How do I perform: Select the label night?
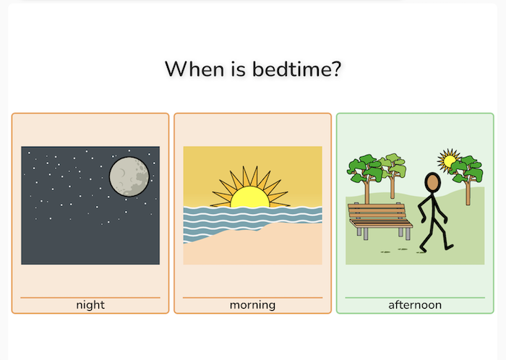coord(90,305)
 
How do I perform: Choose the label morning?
coord(252,305)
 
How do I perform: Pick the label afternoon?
coord(415,305)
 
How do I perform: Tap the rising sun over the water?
coord(249,197)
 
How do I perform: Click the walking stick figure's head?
coord(432,182)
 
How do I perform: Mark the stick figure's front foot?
coord(448,247)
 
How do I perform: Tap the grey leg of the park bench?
coord(366,233)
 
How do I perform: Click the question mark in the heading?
coord(335,70)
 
